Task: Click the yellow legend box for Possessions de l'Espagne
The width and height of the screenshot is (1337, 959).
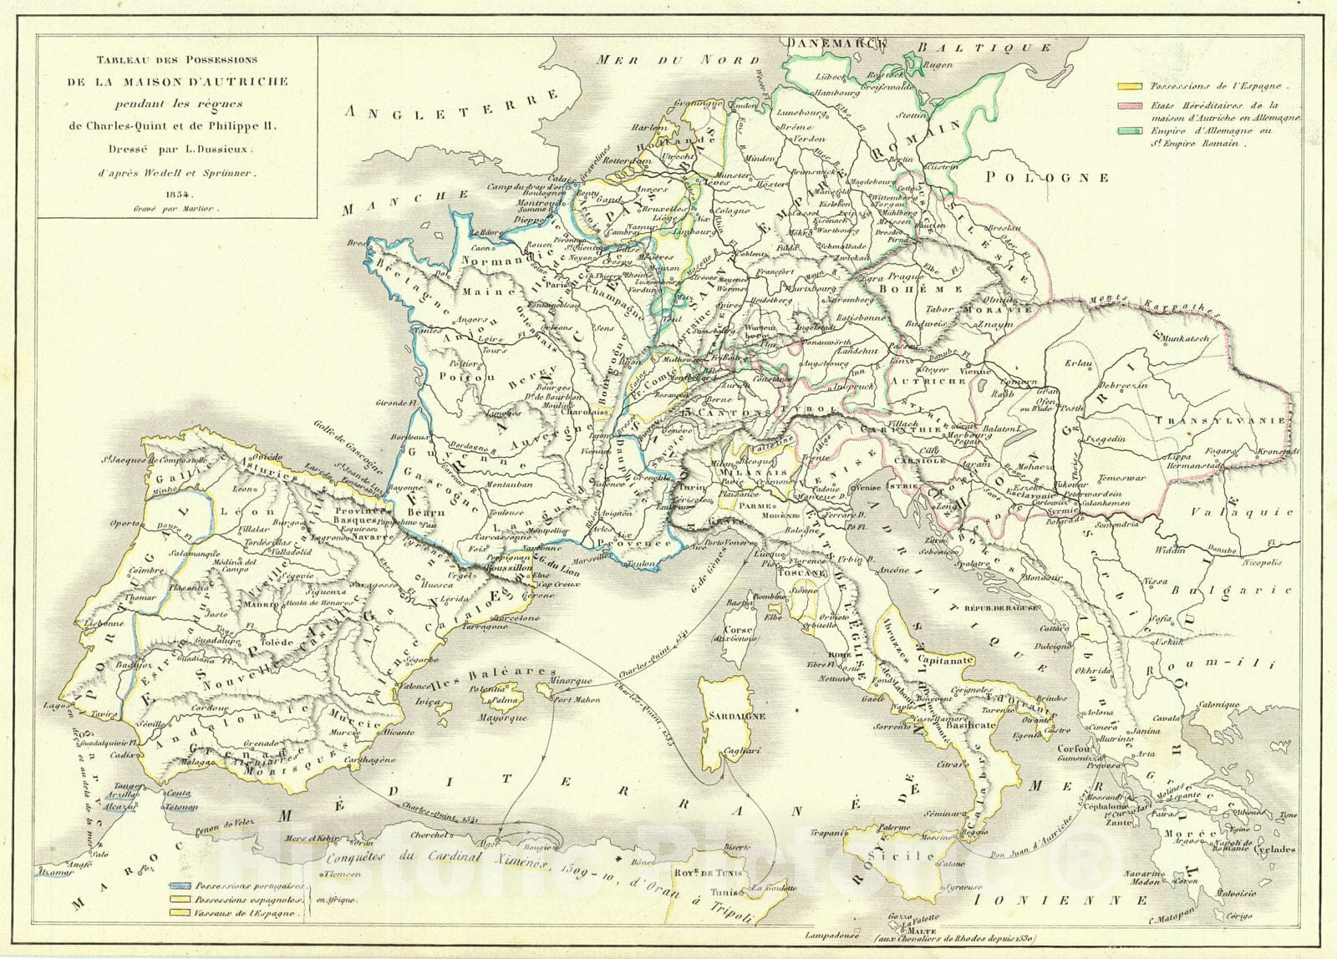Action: click(x=1131, y=86)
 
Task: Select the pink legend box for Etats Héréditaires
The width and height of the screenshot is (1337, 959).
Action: click(x=1131, y=107)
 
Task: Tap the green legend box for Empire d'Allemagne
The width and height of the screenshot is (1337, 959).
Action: click(x=1131, y=131)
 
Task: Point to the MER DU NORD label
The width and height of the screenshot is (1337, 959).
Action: click(x=679, y=60)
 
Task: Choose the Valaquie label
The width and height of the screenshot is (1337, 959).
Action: click(x=1245, y=513)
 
